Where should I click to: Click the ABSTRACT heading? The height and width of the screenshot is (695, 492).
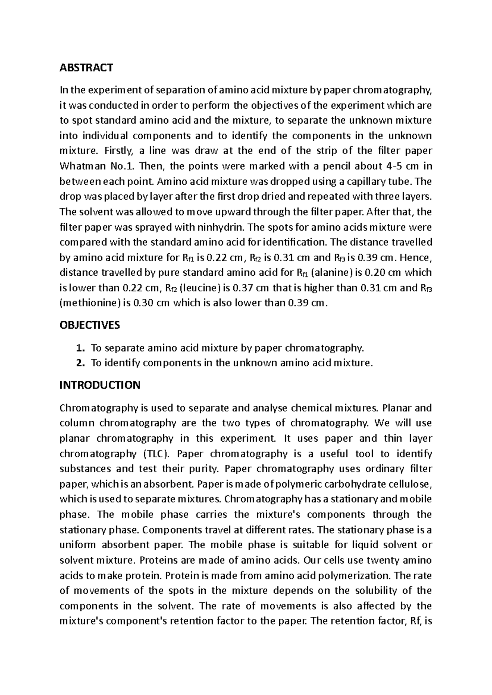pos(86,68)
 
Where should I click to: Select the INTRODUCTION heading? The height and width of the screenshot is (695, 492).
pos(100,385)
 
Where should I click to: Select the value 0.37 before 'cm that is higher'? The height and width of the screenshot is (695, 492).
pos(242,288)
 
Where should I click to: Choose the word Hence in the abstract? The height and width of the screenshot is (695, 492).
pos(415,258)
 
